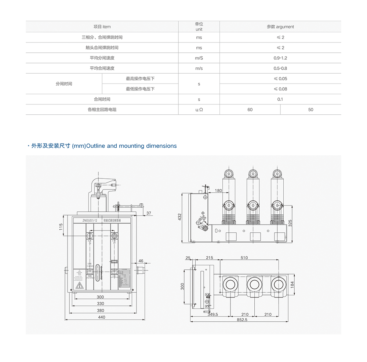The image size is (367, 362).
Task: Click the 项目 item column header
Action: [x=102, y=27]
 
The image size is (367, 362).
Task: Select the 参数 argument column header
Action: [x=280, y=27]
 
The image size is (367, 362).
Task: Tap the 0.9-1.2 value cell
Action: [x=280, y=58]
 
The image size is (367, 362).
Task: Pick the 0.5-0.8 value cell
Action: [x=280, y=68]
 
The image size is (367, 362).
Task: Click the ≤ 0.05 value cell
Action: [x=280, y=78]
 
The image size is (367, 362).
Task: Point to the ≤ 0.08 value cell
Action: [x=280, y=89]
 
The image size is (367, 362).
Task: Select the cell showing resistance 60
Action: [x=250, y=110]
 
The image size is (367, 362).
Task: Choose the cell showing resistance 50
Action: [x=310, y=110]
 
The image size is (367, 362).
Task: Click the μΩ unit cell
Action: [x=199, y=110]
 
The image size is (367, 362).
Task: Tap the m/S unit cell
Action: [x=199, y=58]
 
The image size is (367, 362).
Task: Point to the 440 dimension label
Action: [x=101, y=317]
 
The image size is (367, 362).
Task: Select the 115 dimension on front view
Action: [x=61, y=227]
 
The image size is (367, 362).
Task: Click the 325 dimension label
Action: [x=290, y=223]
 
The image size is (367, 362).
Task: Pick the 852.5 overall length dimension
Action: [x=243, y=320]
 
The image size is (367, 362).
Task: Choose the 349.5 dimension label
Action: [x=212, y=314]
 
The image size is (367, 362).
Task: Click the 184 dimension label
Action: [x=292, y=284]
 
